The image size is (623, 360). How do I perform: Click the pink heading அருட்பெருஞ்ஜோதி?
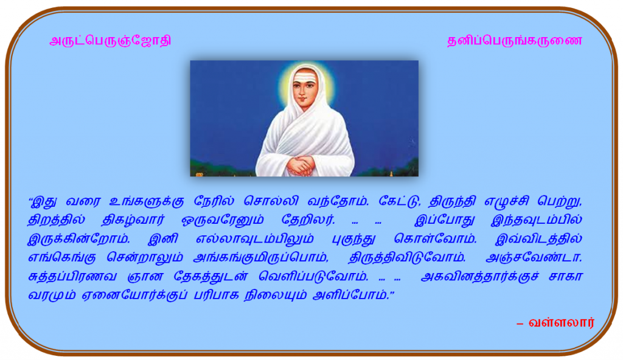[110, 41]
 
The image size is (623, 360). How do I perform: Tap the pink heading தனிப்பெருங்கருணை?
[515, 41]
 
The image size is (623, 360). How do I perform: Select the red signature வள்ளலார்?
[562, 322]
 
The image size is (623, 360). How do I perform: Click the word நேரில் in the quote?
[214, 201]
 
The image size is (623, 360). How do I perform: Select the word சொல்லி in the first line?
[271, 201]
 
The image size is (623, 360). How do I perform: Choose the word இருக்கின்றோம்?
[78, 239]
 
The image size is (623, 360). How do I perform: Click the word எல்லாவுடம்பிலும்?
[255, 239]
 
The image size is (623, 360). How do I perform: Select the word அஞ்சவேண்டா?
[534, 257]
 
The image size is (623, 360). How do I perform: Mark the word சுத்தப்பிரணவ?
[72, 277]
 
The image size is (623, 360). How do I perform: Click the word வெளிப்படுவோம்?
[313, 277]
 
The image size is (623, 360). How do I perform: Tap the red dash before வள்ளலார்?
[520, 324]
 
